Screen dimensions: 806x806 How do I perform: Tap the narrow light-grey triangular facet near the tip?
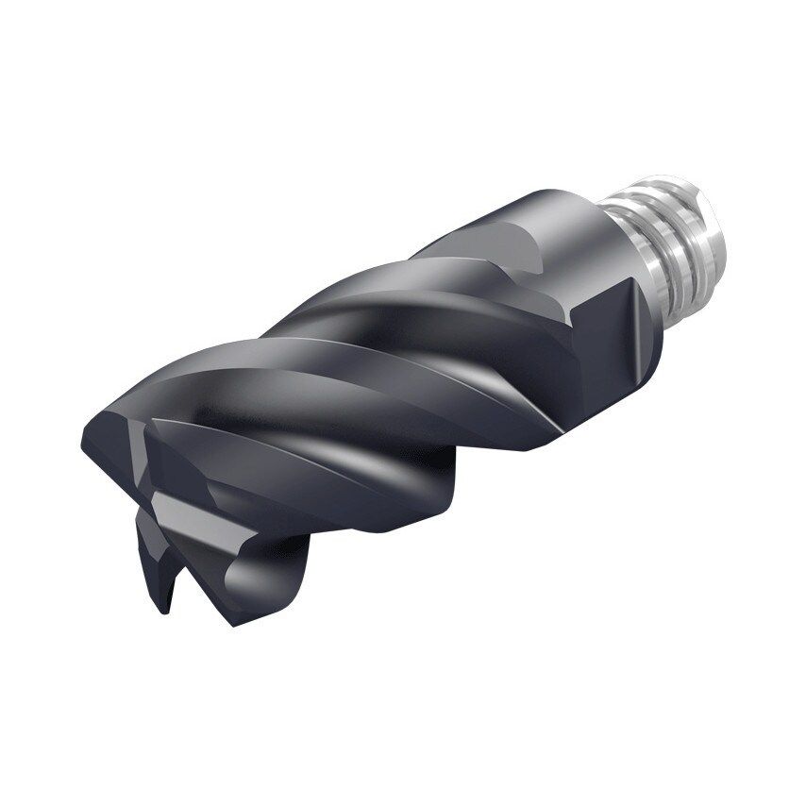(x=142, y=444)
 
